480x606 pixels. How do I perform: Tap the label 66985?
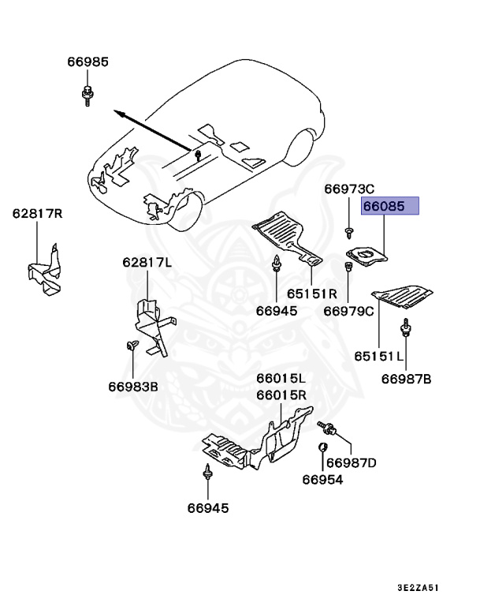pyautogui.click(x=87, y=62)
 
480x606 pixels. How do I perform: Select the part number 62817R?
pyautogui.click(x=36, y=214)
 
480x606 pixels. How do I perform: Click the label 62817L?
pyautogui.click(x=146, y=262)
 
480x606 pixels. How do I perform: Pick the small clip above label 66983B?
pyautogui.click(x=132, y=344)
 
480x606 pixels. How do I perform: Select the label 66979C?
pyautogui.click(x=348, y=311)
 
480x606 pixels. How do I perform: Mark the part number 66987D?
pyautogui.click(x=352, y=462)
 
